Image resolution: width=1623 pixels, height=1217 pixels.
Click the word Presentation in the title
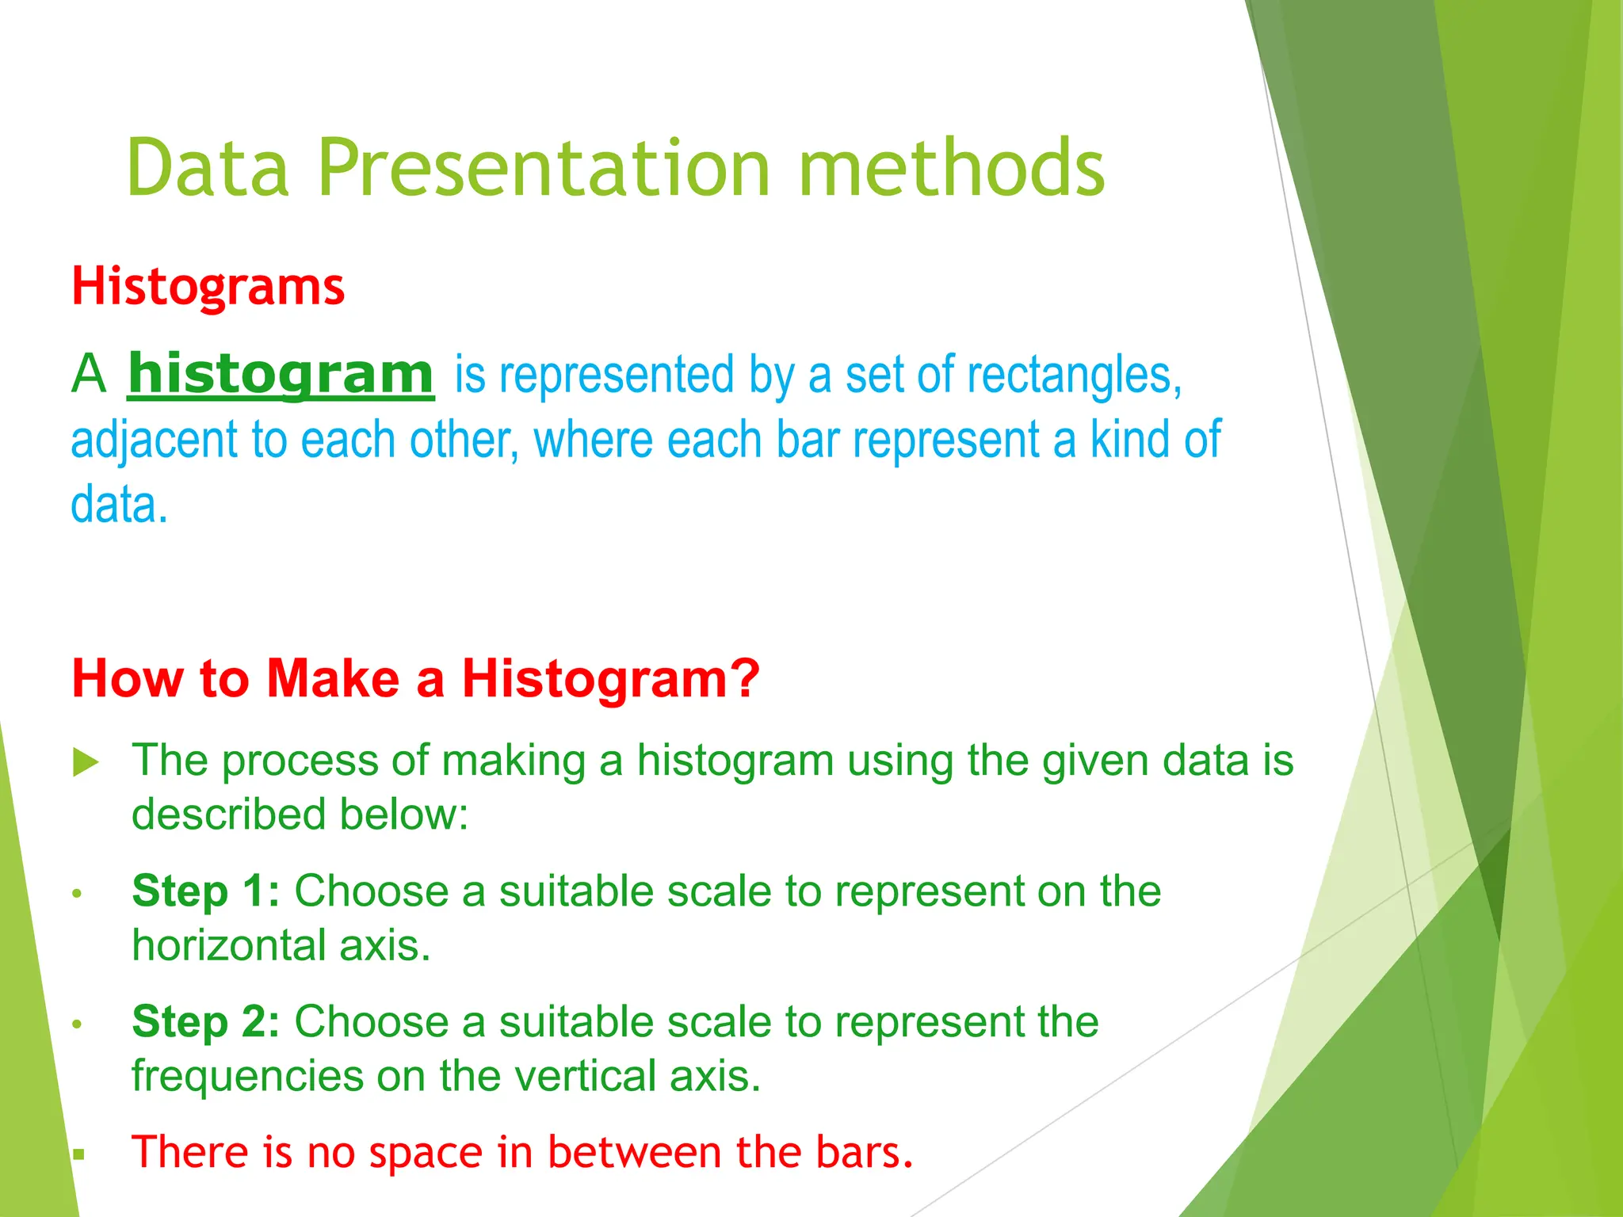click(544, 168)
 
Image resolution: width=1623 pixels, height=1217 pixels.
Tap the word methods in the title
click(950, 168)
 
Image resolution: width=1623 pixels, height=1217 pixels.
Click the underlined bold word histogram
click(281, 374)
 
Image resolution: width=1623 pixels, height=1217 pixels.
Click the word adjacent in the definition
click(154, 441)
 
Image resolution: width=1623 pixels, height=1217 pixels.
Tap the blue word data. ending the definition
click(119, 505)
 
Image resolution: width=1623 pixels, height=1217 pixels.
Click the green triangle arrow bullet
click(86, 762)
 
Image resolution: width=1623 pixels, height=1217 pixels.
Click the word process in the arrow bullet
click(300, 761)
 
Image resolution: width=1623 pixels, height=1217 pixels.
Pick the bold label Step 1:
click(205, 891)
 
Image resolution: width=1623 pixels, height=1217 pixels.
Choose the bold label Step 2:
click(205, 1021)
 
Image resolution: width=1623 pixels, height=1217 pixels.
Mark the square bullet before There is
click(78, 1154)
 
